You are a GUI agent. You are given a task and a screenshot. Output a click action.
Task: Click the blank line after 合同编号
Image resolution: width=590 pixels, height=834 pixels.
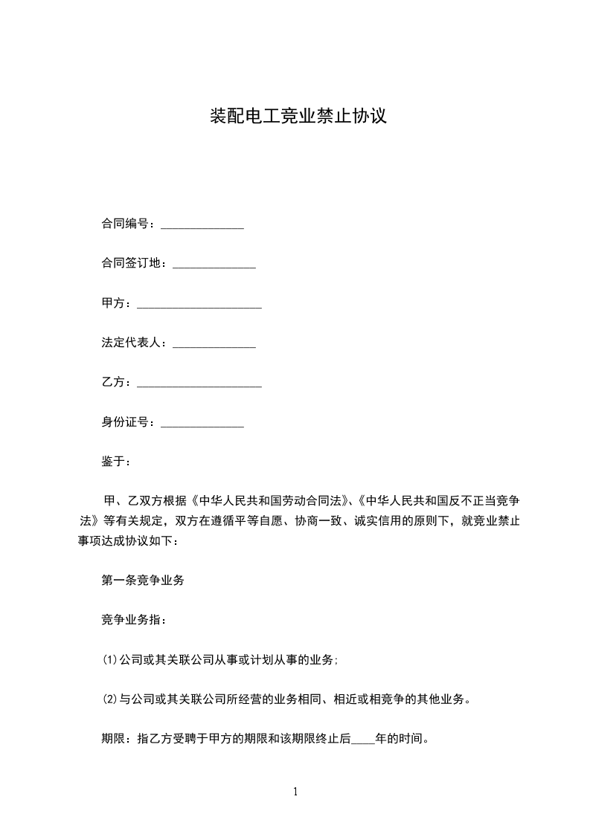(x=202, y=224)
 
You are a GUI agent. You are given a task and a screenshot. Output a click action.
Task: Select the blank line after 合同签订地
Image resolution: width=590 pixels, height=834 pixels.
(x=214, y=265)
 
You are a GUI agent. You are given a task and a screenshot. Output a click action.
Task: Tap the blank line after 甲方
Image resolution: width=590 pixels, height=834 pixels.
(x=199, y=305)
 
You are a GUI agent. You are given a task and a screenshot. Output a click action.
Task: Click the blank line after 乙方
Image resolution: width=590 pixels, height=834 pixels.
(x=199, y=384)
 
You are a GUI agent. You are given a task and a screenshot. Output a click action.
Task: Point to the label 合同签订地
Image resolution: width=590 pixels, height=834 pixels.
(x=131, y=263)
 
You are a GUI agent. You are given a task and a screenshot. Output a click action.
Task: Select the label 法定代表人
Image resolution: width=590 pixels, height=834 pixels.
(x=131, y=343)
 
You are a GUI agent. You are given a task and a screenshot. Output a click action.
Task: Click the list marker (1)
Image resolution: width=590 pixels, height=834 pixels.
(x=110, y=660)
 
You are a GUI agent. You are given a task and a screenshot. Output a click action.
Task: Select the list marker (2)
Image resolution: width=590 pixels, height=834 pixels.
(x=110, y=699)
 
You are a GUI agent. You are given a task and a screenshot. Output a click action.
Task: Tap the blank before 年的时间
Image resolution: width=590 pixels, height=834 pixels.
(x=362, y=741)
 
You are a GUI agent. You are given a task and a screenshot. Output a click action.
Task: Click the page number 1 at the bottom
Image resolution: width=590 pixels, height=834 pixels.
(x=295, y=792)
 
